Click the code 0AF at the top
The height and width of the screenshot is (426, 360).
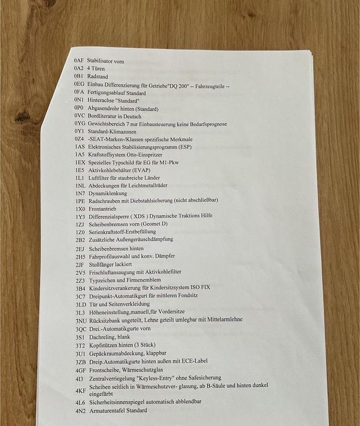pos(79,60)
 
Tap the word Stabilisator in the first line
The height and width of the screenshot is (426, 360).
pos(100,60)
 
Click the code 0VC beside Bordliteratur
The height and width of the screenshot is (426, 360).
pos(80,116)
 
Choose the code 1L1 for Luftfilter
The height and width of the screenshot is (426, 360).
pos(80,177)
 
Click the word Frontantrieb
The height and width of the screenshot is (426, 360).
pos(103,209)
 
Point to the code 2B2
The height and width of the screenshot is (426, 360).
pos(80,240)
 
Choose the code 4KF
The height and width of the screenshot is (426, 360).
pos(81,390)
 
